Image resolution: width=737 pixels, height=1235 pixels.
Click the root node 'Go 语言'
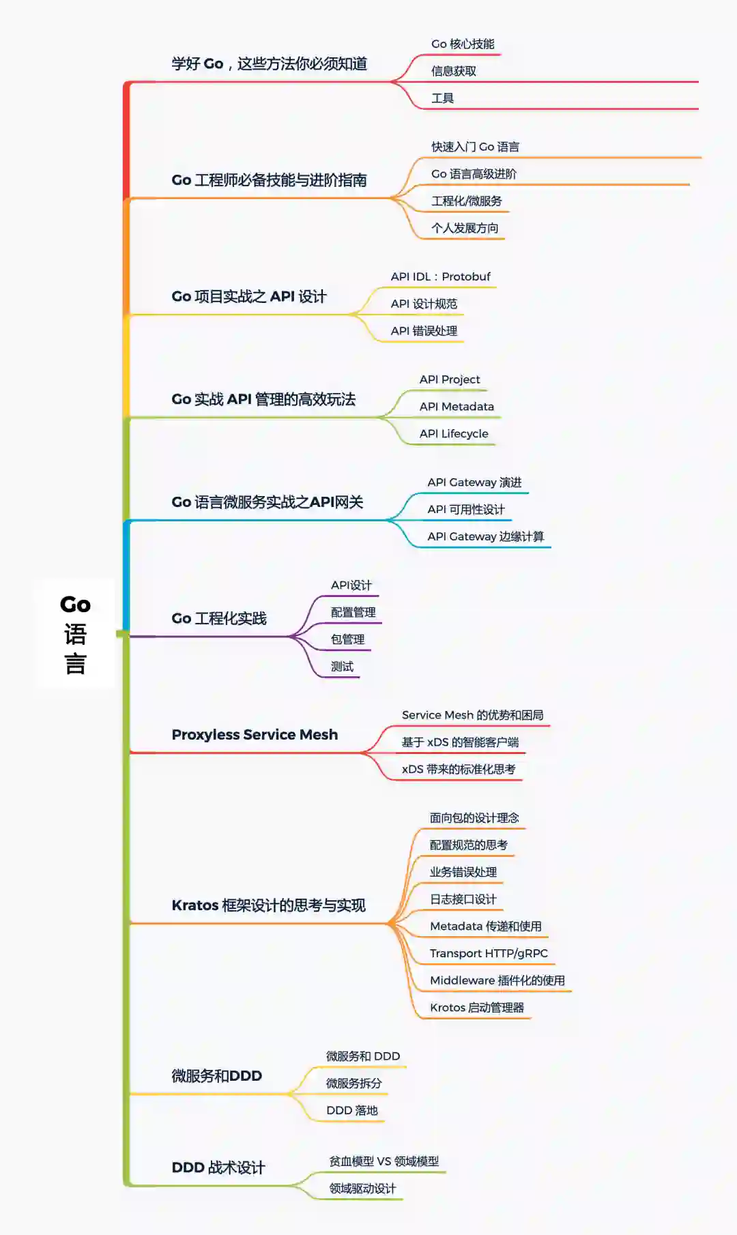click(x=75, y=634)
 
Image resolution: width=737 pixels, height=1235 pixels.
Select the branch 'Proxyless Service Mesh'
click(x=255, y=735)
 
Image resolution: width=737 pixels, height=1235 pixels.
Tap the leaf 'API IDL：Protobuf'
click(x=440, y=277)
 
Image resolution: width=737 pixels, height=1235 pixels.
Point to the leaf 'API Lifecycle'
click(x=454, y=434)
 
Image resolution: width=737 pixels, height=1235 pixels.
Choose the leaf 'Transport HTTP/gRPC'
click(x=489, y=954)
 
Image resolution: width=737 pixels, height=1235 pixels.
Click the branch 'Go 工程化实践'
click(x=219, y=619)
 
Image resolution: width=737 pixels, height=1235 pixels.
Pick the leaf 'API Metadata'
click(x=457, y=407)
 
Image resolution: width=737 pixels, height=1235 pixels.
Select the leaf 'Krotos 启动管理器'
click(x=477, y=1008)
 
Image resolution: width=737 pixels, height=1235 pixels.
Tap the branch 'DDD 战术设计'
click(x=218, y=1168)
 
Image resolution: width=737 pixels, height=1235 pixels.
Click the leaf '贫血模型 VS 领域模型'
click(x=384, y=1161)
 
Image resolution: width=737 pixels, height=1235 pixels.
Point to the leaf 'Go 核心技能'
click(x=463, y=44)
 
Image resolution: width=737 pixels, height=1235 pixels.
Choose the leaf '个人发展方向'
click(x=465, y=229)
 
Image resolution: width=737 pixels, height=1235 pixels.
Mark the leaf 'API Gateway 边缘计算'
click(x=486, y=537)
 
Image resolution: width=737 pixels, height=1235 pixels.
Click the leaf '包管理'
click(x=348, y=640)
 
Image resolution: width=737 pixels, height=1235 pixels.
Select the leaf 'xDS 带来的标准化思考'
click(x=459, y=770)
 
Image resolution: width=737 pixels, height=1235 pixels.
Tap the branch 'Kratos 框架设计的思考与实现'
click(x=269, y=906)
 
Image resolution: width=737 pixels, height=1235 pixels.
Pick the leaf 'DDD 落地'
click(x=352, y=1111)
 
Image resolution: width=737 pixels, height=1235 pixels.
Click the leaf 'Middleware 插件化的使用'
click(x=497, y=981)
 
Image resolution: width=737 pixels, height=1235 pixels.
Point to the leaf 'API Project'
click(x=450, y=379)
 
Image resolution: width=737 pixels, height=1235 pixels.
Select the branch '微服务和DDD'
click(x=217, y=1077)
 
